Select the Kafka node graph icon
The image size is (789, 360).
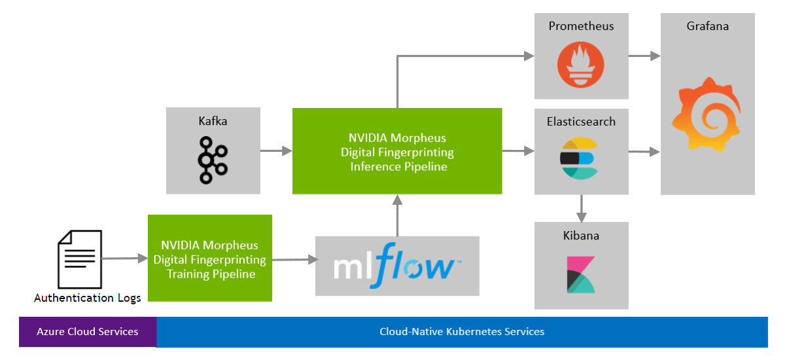click(x=213, y=160)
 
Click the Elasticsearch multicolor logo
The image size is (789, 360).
click(x=580, y=158)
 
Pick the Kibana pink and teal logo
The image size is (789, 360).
click(x=581, y=274)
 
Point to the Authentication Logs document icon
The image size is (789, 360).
click(x=80, y=260)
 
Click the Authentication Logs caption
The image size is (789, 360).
click(x=88, y=298)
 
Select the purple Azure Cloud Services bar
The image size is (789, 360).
click(x=88, y=332)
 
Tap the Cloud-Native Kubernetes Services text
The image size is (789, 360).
click(x=462, y=332)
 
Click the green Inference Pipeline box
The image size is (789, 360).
click(x=397, y=151)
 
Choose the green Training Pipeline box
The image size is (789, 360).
click(x=210, y=259)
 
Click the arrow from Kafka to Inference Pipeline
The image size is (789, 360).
click(x=276, y=151)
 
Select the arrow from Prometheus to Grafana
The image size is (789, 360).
click(x=644, y=56)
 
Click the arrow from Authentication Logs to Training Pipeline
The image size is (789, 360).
click(x=125, y=259)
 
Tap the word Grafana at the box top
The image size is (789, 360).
click(x=707, y=27)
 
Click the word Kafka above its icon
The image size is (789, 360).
click(x=213, y=121)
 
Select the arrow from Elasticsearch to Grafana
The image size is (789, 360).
click(x=644, y=152)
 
